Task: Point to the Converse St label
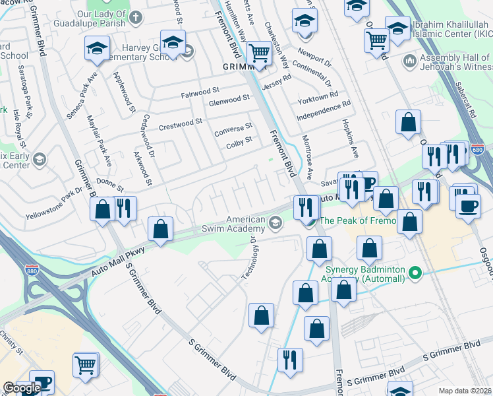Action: pos(233,127)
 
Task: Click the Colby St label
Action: pos(239,141)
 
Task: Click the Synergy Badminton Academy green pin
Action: pos(415,273)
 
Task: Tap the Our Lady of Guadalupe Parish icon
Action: pos(136,16)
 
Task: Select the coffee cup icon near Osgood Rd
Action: pos(468,205)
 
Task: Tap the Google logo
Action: pos(22,388)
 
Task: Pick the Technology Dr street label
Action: pos(249,257)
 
